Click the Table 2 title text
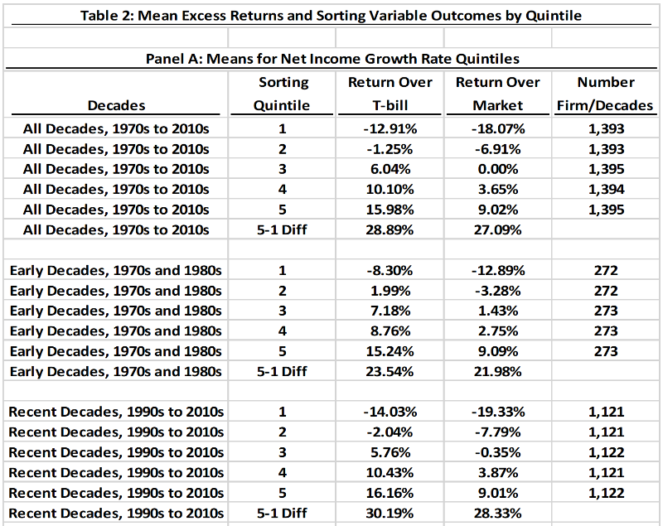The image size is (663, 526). tap(331, 16)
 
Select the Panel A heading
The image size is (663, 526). tap(331, 59)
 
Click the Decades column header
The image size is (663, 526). tap(116, 105)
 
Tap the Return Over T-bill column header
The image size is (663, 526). tap(390, 94)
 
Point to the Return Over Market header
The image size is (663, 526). tap(497, 94)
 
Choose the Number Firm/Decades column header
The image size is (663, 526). tap(606, 94)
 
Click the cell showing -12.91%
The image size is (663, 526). tap(390, 128)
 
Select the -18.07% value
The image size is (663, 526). tap(497, 128)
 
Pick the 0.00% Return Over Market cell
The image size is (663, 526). tap(497, 169)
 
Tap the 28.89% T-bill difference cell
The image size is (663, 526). tap(390, 229)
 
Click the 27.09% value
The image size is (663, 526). tap(497, 229)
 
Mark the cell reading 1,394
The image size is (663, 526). tap(606, 190)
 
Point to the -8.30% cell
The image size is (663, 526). tap(390, 271)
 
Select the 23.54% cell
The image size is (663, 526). tap(390, 371)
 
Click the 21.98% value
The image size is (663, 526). tap(497, 371)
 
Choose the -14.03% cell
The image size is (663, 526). tap(390, 413)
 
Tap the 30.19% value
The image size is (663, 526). tap(390, 514)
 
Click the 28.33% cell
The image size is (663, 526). tap(497, 514)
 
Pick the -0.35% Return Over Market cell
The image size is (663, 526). tap(497, 453)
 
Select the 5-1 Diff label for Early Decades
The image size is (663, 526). tap(283, 371)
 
